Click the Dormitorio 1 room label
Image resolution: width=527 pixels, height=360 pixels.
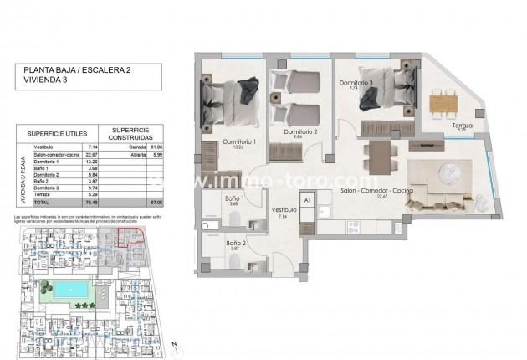[238, 143]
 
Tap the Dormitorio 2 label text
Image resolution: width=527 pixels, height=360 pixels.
[300, 132]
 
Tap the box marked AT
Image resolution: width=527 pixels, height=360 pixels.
[307, 201]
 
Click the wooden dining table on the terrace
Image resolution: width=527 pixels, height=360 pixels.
[442, 102]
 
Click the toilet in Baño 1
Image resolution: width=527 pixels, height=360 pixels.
[236, 219]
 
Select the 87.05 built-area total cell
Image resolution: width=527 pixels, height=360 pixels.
[156, 202]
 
